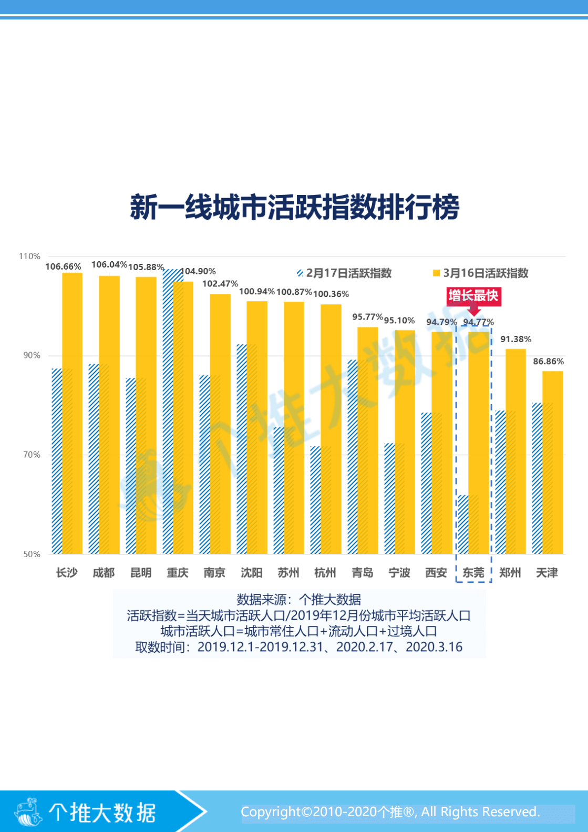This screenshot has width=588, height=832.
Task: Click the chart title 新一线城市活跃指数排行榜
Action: pos(294,207)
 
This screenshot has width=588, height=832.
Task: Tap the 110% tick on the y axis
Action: pos(29,256)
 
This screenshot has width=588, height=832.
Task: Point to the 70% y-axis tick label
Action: pos(32,455)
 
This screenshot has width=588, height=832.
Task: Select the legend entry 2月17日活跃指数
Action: pos(344,273)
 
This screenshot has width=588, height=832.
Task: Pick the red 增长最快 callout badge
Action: pos(473,296)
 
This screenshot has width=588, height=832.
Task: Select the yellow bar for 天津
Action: pos(553,463)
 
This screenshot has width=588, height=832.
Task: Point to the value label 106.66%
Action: pos(63,266)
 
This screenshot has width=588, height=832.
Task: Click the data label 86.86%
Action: pos(548,362)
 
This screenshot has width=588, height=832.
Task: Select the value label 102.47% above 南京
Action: pos(220,284)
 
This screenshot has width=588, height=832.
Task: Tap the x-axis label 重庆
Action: pos(178,573)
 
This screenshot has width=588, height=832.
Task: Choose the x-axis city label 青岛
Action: pos(363,573)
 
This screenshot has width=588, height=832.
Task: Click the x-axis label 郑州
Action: pos(510,573)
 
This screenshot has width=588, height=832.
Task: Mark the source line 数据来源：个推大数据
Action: pos(298,600)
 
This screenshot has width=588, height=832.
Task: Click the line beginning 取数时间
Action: pos(298,647)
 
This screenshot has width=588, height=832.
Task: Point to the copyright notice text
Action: pos(390,812)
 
